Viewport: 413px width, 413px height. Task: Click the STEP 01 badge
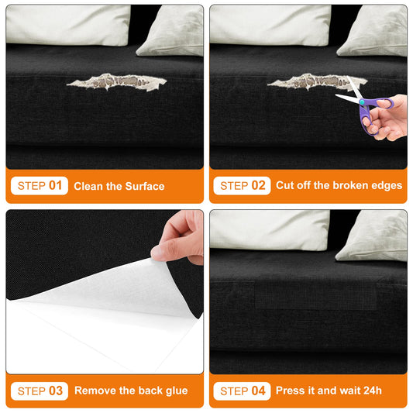pyautogui.click(x=40, y=186)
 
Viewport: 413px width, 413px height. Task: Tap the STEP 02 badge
pyautogui.click(x=242, y=186)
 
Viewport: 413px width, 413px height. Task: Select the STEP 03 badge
pyautogui.click(x=40, y=391)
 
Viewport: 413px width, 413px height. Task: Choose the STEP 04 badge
pyautogui.click(x=242, y=391)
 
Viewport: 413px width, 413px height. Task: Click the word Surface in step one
pyautogui.click(x=145, y=186)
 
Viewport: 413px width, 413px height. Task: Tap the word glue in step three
pyautogui.click(x=177, y=391)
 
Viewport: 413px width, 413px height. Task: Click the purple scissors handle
pyautogui.click(x=375, y=112)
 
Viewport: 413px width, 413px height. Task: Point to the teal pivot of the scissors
pyautogui.click(x=362, y=102)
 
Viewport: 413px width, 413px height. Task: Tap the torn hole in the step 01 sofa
pyautogui.click(x=117, y=82)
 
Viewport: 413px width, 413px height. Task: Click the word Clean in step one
pyautogui.click(x=88, y=186)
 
